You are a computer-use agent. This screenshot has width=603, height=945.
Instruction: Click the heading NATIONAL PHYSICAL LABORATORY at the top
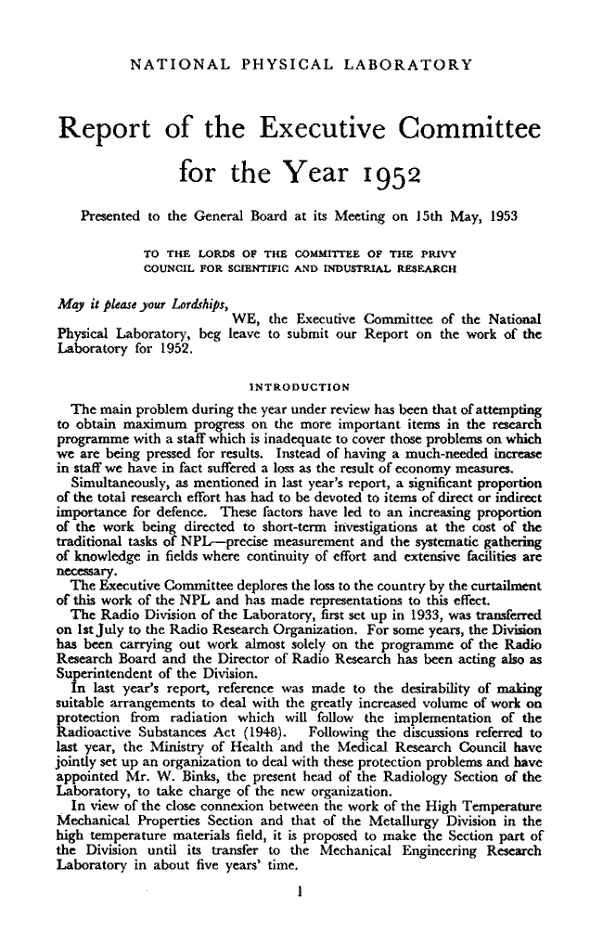tap(303, 65)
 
